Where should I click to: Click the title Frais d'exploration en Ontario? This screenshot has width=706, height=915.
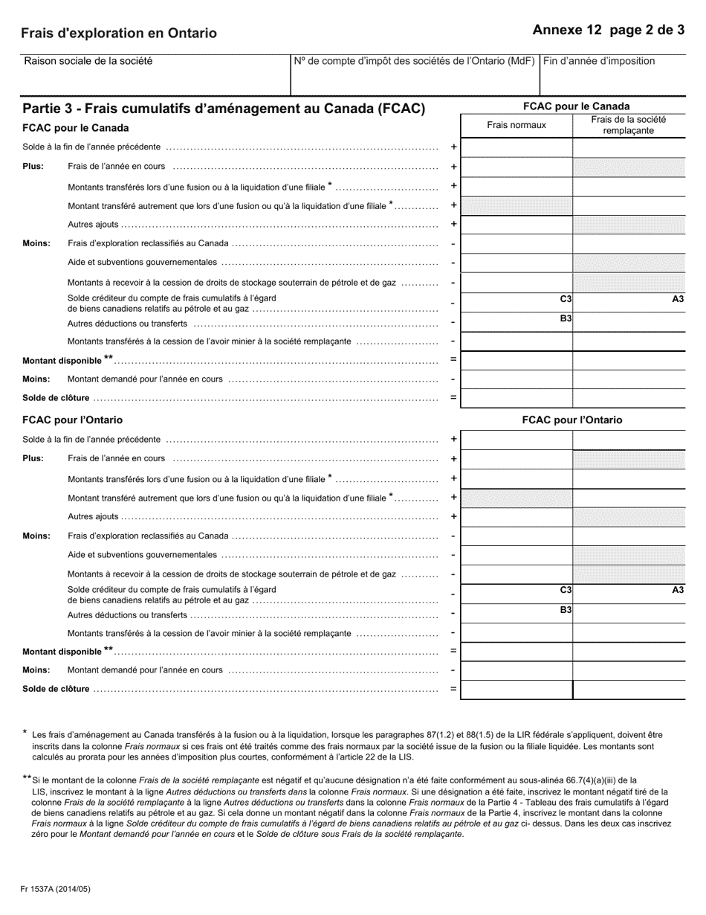click(119, 33)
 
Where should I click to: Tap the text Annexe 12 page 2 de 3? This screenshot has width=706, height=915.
click(609, 30)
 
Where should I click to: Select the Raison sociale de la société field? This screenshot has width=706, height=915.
click(156, 74)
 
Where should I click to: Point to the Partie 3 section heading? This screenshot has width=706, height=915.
click(224, 109)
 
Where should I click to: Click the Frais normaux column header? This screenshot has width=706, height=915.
click(516, 125)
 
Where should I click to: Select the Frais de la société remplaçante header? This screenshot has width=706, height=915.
click(629, 125)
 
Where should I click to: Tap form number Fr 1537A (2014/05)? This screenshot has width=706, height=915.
click(56, 889)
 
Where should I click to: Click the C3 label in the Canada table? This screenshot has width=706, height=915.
click(566, 299)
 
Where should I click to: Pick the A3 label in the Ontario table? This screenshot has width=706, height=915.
click(678, 590)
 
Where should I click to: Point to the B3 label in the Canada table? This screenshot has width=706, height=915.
click(566, 318)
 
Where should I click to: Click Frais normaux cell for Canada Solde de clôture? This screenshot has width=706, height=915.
click(516, 398)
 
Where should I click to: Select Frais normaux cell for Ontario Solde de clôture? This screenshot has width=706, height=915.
click(516, 690)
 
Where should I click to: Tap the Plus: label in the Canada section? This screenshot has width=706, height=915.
click(33, 167)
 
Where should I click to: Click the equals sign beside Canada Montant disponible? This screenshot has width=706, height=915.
click(453, 360)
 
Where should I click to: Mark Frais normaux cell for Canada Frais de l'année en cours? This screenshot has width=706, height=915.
click(516, 167)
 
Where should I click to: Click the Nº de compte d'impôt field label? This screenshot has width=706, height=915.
click(414, 61)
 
